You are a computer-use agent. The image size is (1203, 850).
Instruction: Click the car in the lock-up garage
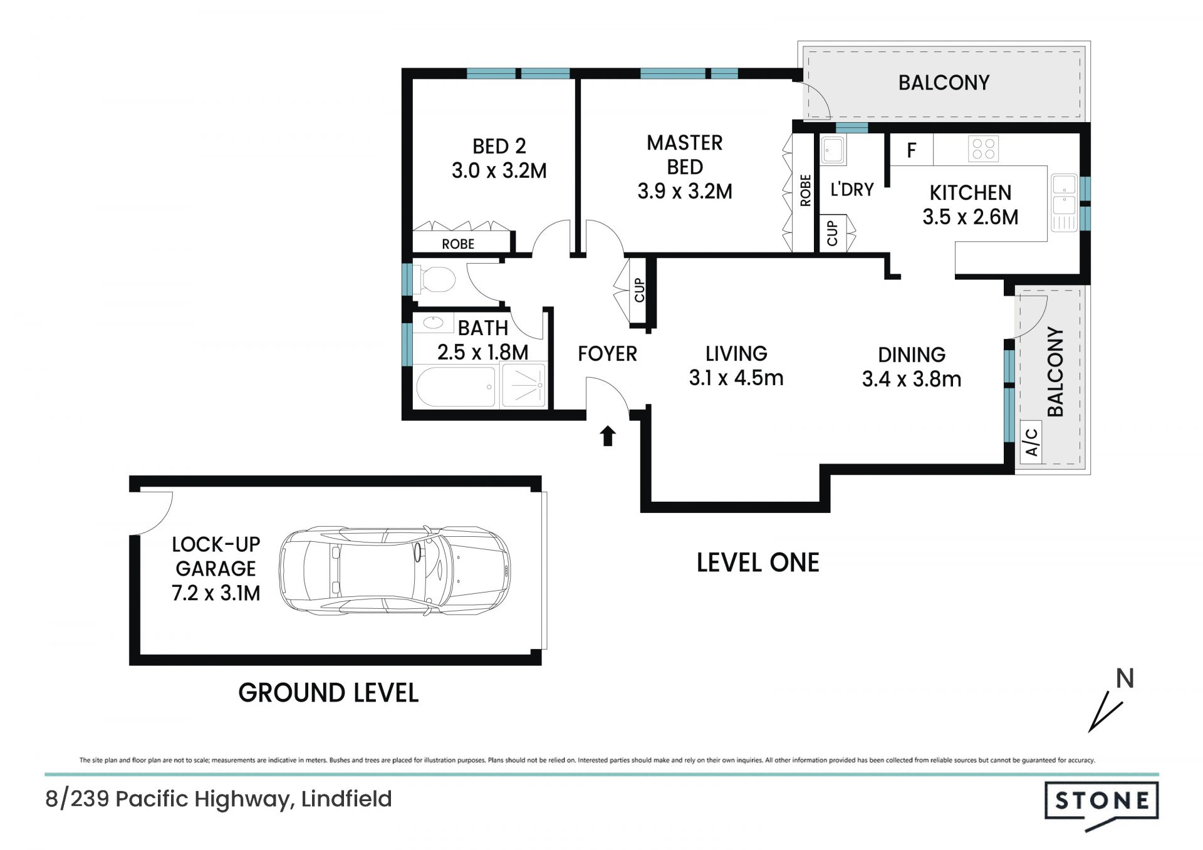click(x=395, y=569)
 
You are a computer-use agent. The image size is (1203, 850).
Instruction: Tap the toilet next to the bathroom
click(x=434, y=279)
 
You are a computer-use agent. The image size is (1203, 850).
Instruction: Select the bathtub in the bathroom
click(x=456, y=386)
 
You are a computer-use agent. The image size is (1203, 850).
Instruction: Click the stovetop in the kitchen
click(x=982, y=149)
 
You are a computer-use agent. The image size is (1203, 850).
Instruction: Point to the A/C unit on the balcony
click(x=1031, y=442)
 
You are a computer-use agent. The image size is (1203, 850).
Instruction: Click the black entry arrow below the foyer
click(x=607, y=436)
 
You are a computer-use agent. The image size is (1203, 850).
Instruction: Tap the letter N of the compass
click(x=1125, y=679)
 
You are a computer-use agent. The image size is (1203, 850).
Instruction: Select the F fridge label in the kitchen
click(x=912, y=150)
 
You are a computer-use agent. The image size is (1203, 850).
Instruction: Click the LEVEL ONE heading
click(x=758, y=562)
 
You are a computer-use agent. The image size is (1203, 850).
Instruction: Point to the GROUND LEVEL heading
click(x=328, y=693)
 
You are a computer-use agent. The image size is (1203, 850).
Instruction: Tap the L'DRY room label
click(x=851, y=189)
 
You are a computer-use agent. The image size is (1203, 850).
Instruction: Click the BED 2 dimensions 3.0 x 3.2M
click(x=499, y=170)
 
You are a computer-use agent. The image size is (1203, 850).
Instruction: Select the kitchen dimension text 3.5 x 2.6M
click(x=970, y=217)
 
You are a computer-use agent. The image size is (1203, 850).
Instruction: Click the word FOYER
click(x=607, y=354)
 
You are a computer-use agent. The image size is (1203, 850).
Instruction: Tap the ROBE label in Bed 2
click(x=458, y=244)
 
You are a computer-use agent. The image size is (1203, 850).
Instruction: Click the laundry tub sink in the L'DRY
click(x=833, y=150)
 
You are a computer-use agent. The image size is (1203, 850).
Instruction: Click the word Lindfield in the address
click(x=346, y=799)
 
